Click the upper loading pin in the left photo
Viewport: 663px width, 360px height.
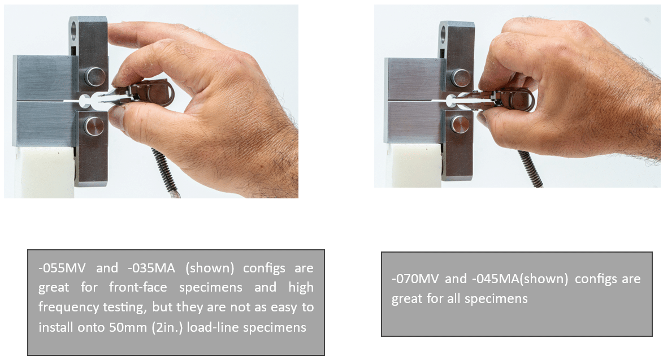click(x=95, y=76)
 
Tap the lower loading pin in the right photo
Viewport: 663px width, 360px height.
click(x=459, y=124)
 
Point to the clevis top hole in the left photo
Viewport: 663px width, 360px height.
click(x=73, y=29)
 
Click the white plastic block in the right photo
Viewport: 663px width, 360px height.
click(x=415, y=165)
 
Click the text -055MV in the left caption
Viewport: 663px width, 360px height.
click(x=62, y=268)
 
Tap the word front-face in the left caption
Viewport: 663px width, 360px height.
click(x=138, y=287)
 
